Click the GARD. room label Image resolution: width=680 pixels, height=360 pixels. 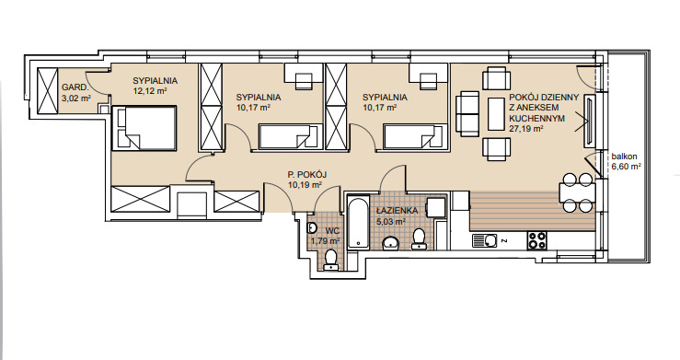75,87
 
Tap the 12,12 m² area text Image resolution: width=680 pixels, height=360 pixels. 150,91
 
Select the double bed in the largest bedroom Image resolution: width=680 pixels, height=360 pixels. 144,128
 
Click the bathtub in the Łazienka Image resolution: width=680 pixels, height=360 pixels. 358,224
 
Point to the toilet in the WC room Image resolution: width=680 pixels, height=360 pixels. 331,260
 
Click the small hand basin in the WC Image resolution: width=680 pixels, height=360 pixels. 311,228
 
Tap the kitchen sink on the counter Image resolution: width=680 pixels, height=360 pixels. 484,240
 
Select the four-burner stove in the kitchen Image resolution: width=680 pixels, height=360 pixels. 536,240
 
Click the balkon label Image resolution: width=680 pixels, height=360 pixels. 625,157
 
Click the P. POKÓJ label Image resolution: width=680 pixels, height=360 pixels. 307,174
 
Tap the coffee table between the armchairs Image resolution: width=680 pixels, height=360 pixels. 496,114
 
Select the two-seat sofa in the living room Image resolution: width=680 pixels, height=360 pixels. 467,113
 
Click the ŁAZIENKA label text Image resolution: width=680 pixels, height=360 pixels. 398,211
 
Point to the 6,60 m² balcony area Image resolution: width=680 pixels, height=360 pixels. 627,166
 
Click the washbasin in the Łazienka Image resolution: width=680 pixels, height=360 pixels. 392,243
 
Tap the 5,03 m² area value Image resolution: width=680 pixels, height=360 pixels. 391,221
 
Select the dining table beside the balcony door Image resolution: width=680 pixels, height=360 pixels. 576,192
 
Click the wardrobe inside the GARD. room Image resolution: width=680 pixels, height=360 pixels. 47,90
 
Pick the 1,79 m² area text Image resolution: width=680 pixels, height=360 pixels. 325,240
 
